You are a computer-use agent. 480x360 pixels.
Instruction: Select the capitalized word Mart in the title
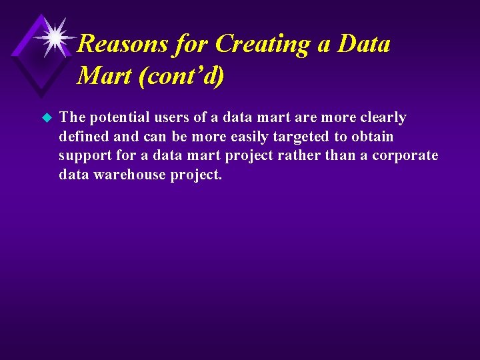pyautogui.click(x=103, y=76)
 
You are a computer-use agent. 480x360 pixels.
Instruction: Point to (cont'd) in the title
pyautogui.click(x=181, y=76)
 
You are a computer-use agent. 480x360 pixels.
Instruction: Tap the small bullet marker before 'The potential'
pyautogui.click(x=46, y=118)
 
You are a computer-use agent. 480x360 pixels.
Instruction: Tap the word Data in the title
pyautogui.click(x=364, y=44)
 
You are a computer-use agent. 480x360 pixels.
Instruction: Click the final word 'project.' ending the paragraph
pyautogui.click(x=198, y=175)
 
